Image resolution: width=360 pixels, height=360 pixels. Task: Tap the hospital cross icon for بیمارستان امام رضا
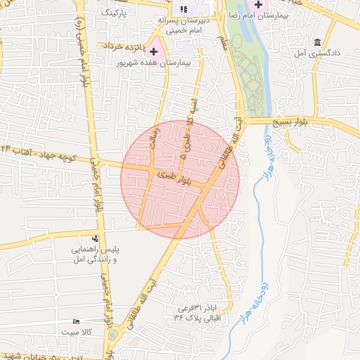[257, 4]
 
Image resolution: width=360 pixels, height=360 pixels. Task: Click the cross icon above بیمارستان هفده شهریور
[154, 51]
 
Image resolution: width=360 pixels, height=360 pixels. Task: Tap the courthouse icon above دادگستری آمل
[318, 42]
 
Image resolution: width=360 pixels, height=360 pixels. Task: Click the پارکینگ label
[115, 13]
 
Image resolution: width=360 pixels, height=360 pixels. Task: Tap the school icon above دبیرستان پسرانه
[184, 10]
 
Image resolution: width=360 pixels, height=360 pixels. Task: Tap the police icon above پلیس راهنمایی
[95, 240]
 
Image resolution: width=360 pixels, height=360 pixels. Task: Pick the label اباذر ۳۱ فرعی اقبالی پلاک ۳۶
[198, 314]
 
